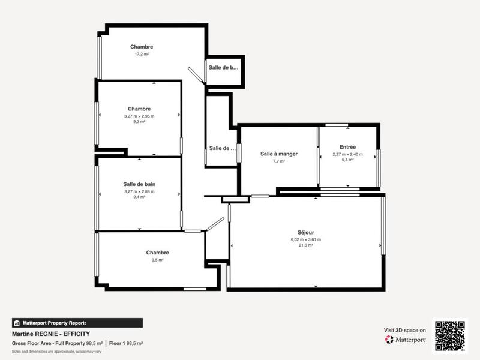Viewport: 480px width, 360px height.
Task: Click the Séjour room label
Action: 305,232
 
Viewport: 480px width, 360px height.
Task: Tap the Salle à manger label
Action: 278,154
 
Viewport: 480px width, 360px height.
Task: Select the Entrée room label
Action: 347,147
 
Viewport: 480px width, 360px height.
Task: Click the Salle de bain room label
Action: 139,184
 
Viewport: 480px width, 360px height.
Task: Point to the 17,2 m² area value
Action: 141,54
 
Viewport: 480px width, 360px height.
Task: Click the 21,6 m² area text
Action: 305,245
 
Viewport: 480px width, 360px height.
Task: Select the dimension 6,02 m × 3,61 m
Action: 305,239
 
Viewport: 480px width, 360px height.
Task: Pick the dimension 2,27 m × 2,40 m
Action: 347,154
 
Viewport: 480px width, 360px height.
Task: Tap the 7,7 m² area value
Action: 278,161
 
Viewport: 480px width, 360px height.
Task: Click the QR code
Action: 450,335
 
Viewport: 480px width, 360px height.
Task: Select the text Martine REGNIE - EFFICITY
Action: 51,333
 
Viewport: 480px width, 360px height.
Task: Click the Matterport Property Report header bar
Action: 77,322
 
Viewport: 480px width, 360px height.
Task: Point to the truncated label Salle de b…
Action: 223,68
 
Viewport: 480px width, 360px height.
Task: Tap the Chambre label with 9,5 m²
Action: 157,253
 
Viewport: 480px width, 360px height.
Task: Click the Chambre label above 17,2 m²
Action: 141,47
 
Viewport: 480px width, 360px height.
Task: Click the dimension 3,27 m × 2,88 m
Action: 139,191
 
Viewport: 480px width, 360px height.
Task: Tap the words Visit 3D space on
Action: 405,330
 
